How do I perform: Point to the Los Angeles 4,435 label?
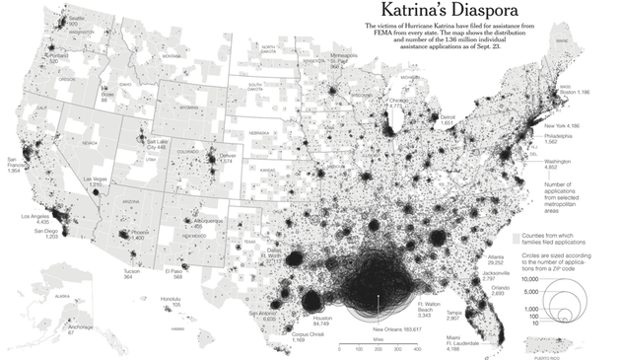click(34, 219)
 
